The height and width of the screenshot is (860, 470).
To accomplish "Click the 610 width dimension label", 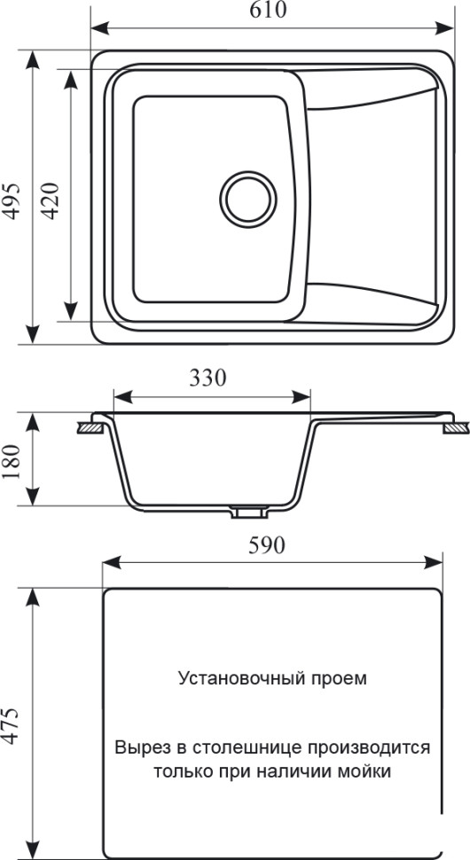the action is [268, 10].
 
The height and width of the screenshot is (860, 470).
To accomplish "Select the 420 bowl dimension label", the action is [51, 200].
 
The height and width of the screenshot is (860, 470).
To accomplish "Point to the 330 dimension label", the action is [208, 378].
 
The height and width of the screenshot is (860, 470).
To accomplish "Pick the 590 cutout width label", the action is [267, 545].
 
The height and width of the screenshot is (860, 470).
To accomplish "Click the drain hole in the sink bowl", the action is [248, 199].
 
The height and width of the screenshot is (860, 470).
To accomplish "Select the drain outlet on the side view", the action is [248, 512].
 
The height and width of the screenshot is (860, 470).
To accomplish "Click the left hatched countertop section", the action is [91, 427].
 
